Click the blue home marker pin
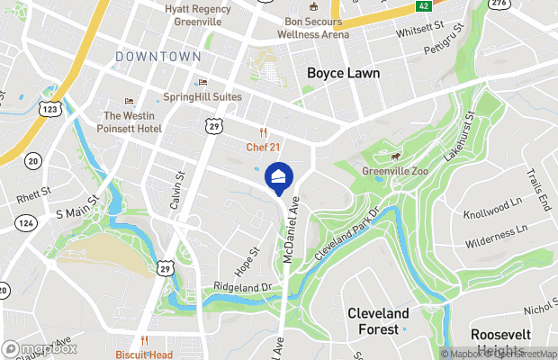(279, 175)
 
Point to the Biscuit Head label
(144, 354)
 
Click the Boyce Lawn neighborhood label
(343, 73)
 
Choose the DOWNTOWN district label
(158, 57)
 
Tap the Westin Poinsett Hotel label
(132, 121)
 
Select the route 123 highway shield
(50, 108)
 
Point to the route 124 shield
(25, 222)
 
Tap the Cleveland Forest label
(378, 321)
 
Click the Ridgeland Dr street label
(242, 286)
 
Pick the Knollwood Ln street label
(494, 215)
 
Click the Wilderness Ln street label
(496, 237)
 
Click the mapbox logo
(40, 348)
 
